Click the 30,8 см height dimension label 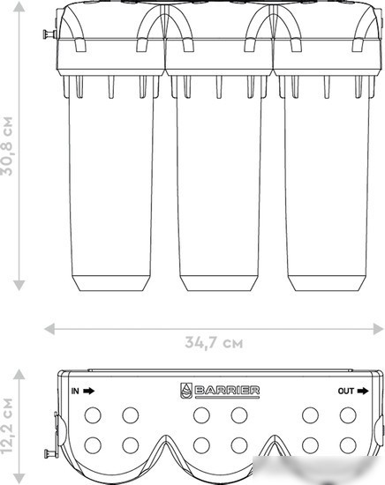click(7, 146)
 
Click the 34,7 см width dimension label click(214, 343)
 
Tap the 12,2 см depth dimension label click(7, 425)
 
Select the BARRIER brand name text click(227, 391)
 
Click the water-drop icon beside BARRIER click(186, 391)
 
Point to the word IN click(75, 392)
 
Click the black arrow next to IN click(89, 392)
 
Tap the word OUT click(345, 392)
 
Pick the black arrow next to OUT click(363, 392)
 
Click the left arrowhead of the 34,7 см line click(49, 329)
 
